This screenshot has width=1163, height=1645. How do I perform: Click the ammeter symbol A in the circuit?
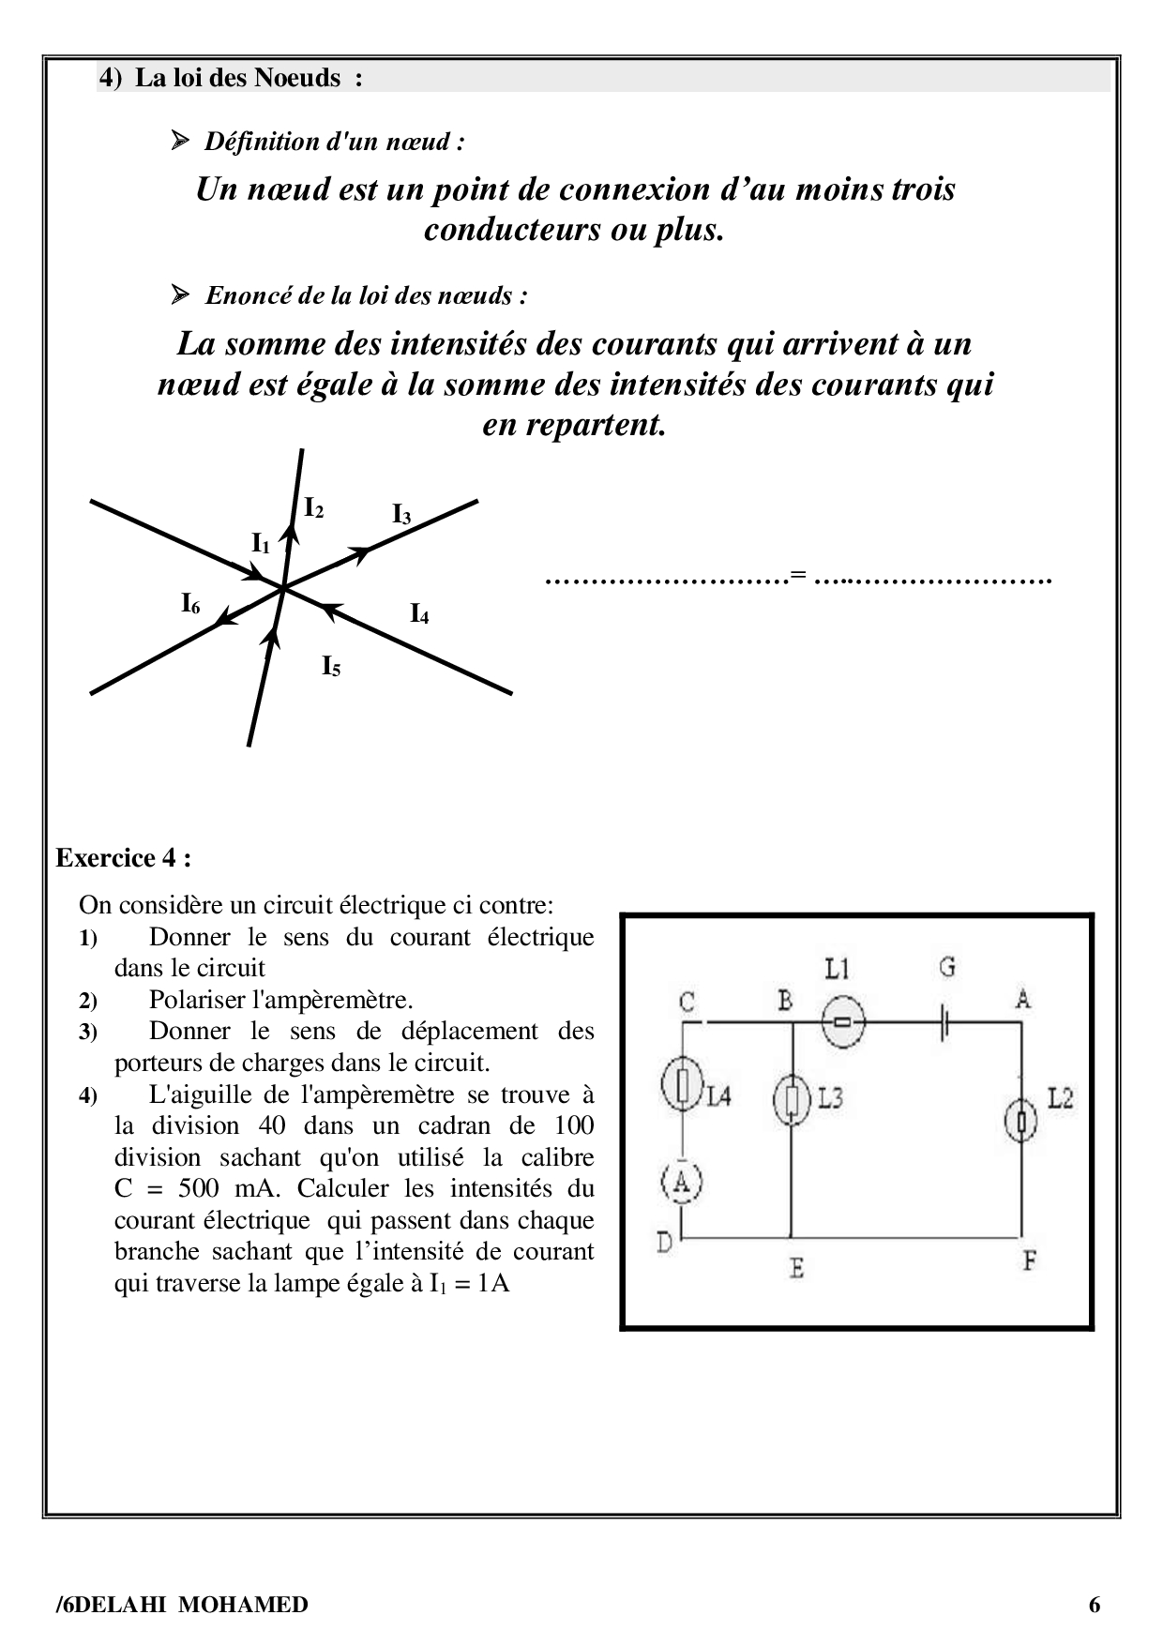(682, 1183)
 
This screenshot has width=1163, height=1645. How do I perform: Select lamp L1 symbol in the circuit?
(842, 1021)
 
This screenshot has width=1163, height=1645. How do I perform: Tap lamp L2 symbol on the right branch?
(1021, 1119)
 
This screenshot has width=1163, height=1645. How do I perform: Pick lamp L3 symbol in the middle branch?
(793, 1099)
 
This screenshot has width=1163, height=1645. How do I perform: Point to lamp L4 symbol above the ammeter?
(682, 1085)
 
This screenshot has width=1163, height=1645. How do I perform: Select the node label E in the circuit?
(796, 1269)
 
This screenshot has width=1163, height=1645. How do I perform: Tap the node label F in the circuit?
(1029, 1261)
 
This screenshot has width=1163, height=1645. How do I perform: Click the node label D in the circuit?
(664, 1243)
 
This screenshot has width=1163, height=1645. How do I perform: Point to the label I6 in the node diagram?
(190, 604)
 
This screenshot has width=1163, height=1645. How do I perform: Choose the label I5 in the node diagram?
(331, 667)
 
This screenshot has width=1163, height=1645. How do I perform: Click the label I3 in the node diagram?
(401, 514)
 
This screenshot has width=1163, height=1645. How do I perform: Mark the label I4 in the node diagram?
(419, 614)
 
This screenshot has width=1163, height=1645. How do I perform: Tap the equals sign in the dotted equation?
(798, 575)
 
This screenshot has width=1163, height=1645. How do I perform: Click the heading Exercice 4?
(124, 858)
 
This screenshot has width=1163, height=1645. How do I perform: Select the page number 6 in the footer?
(1095, 1605)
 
